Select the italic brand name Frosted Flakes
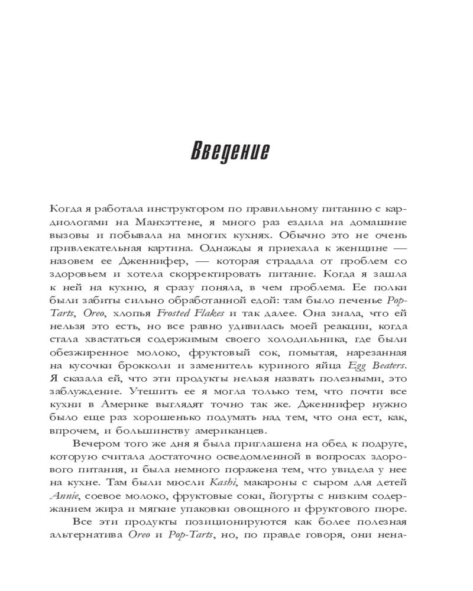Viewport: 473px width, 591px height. coord(196,313)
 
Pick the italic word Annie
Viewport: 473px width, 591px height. coord(64,496)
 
